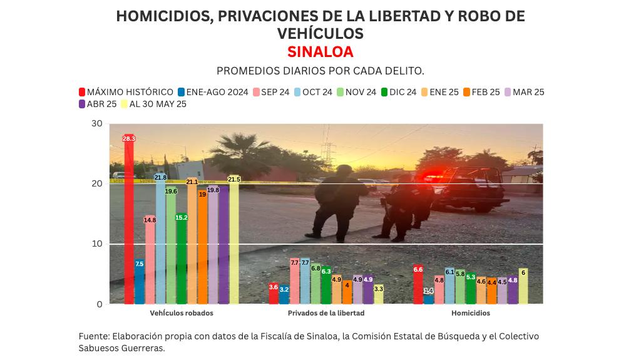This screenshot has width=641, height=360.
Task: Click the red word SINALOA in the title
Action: point(320,52)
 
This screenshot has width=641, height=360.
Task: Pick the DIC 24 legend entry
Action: point(398,92)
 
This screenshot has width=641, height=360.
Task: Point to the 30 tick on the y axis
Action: point(97,123)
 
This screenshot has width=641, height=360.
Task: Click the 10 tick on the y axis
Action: point(97,244)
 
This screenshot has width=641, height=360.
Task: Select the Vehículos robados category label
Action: point(182,313)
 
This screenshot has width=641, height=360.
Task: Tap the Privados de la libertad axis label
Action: point(326,313)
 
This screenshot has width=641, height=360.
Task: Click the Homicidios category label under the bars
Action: point(471,313)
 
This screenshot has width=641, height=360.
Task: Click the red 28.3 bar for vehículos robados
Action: point(129,219)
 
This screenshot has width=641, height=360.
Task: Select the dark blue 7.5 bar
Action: point(140,282)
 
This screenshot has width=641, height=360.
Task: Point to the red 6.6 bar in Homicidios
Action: point(418,285)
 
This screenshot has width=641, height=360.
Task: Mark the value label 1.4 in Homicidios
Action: point(429,291)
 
